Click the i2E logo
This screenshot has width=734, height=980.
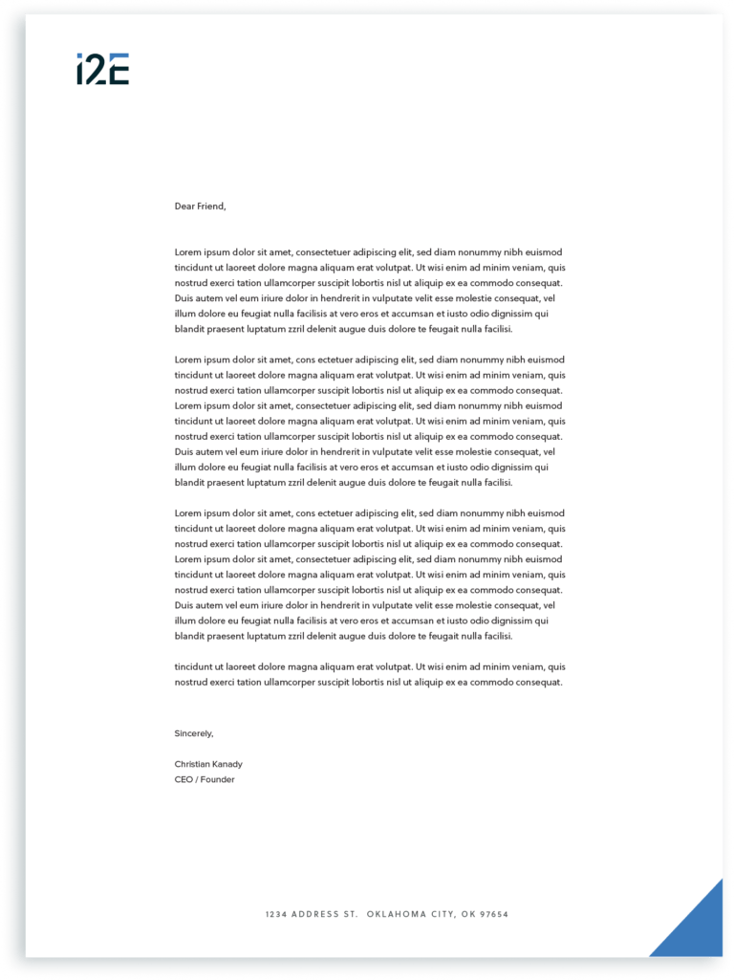[102, 70]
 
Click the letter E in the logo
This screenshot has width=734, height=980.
[119, 70]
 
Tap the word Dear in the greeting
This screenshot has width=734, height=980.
[184, 206]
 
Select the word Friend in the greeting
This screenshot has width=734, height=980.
[211, 206]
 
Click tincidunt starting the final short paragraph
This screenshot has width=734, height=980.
[195, 666]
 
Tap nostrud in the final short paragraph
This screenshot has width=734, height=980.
[191, 682]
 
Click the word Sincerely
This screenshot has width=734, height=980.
[194, 733]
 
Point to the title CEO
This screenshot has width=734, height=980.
[183, 779]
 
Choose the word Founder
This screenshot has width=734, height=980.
[217, 779]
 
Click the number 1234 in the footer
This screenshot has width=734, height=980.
[276, 915]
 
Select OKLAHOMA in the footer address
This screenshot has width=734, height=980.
[395, 915]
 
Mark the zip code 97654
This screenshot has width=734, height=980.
[494, 915]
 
